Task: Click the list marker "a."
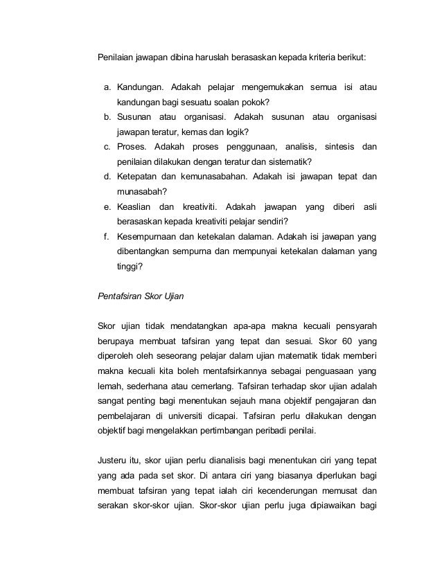coord(108,87)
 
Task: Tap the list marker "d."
coord(108,176)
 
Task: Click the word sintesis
coord(340,146)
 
